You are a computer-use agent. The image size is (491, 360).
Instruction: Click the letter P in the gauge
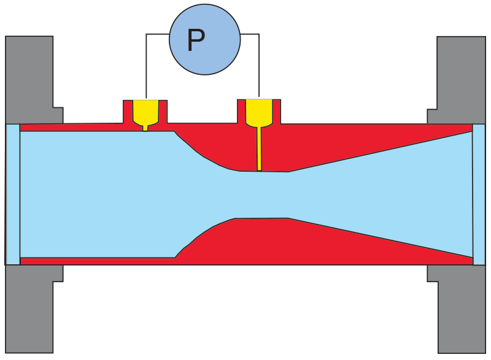[x=196, y=40]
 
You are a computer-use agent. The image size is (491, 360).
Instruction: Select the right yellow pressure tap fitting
[x=259, y=110]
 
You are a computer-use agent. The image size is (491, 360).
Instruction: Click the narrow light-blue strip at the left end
[x=13, y=194]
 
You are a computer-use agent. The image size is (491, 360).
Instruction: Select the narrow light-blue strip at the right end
[x=479, y=194]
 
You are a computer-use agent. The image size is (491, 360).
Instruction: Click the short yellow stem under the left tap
[x=145, y=128]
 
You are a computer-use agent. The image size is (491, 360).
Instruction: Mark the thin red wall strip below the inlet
[x=92, y=261]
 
